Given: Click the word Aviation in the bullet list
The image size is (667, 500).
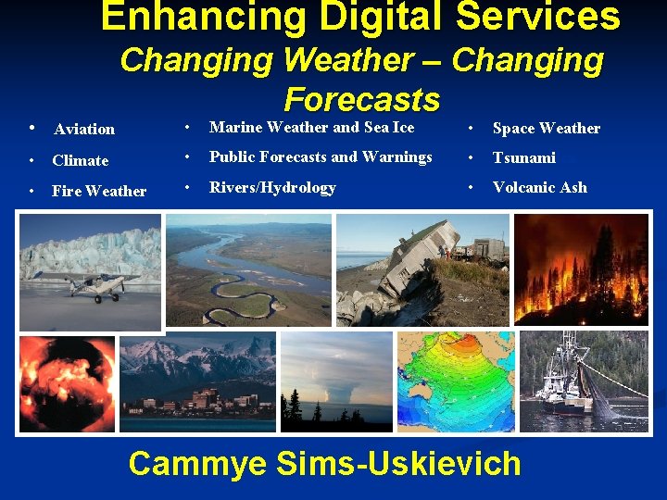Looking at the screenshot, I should pos(83,129).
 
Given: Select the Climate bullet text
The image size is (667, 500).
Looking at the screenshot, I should pos(81,160).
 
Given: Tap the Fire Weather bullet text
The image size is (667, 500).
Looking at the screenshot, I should pos(99,191).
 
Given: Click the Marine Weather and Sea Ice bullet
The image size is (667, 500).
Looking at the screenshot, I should pos(311,128).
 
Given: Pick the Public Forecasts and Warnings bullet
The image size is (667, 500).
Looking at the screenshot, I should pos(321,157).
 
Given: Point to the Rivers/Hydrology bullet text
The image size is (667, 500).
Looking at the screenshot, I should pos(272,188).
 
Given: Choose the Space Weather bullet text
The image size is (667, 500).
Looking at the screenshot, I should pos(546,128).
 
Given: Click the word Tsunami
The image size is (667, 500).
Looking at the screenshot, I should pos(523,157).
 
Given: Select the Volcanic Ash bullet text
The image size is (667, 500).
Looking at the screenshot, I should pos(539,187).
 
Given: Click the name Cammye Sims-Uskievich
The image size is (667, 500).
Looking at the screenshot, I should pos(324,463).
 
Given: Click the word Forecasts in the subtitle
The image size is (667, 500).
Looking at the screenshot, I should pos(361,98).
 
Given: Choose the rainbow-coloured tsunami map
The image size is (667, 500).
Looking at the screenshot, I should pos(454,381).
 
